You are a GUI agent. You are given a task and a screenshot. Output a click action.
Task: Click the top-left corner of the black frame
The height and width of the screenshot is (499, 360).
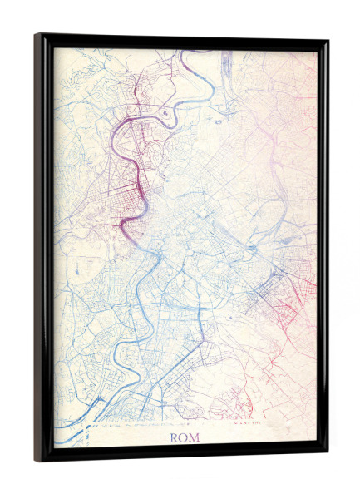(36, 35)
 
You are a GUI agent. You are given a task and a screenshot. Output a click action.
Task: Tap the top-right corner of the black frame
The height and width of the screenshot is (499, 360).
(327, 40)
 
